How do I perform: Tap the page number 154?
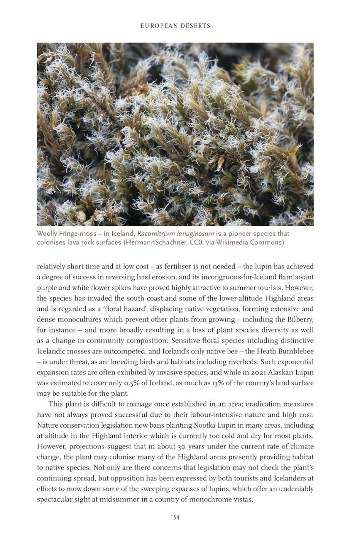click(x=175, y=517)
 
